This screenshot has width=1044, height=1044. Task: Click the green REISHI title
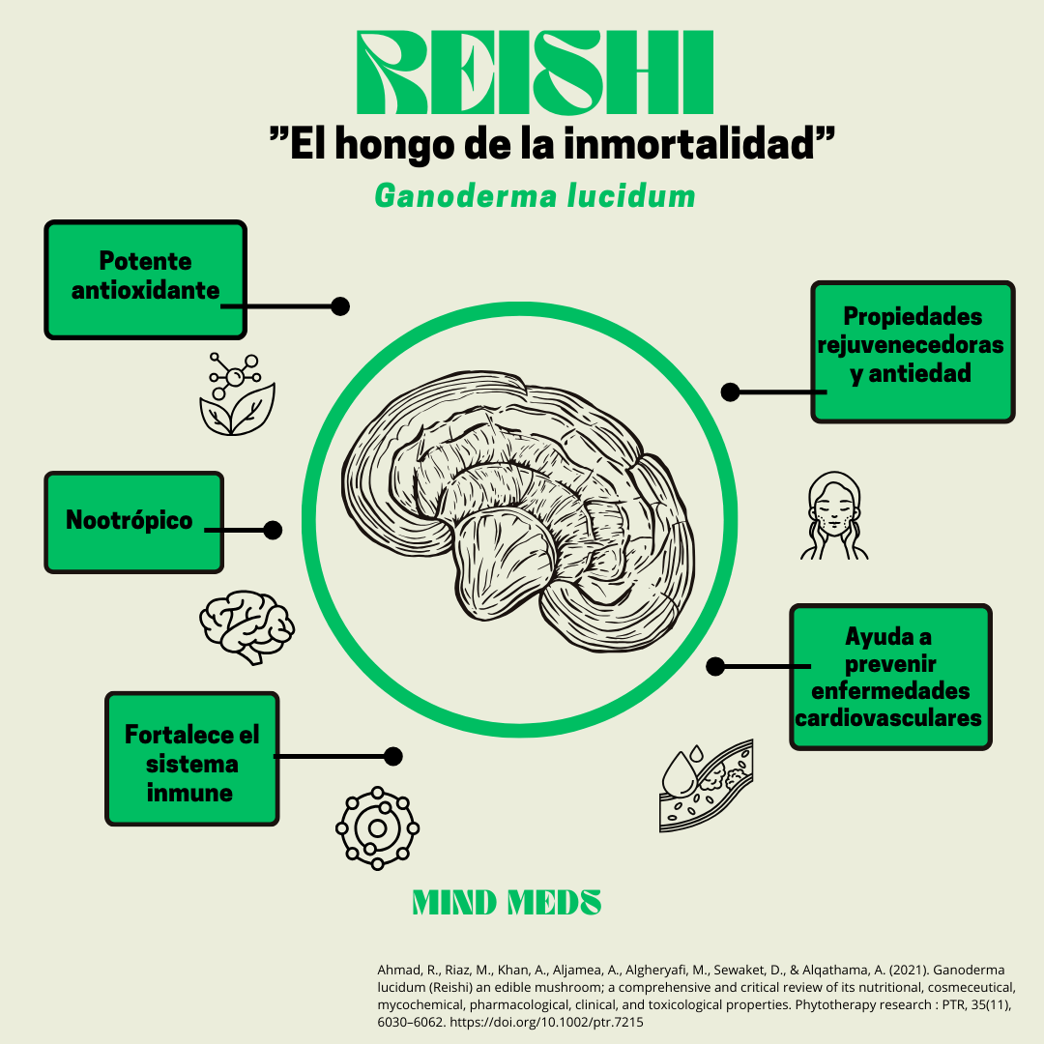[535, 73]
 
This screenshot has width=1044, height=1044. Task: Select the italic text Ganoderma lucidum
[535, 195]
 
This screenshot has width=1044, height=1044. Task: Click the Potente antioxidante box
[145, 279]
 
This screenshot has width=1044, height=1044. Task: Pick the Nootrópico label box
[133, 522]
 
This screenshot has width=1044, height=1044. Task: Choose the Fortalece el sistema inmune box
[191, 759]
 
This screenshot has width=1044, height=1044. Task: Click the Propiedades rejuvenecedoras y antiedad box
[913, 352]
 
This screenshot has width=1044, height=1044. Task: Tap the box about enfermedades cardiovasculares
[890, 677]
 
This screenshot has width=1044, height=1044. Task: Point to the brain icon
[246, 626]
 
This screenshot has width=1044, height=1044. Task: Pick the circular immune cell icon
[377, 826]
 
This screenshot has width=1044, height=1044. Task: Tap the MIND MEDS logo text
[507, 903]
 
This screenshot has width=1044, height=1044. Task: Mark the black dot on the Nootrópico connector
[273, 530]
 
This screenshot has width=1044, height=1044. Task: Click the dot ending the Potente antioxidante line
[340, 305]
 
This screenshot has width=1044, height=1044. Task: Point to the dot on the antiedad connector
[731, 391]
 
